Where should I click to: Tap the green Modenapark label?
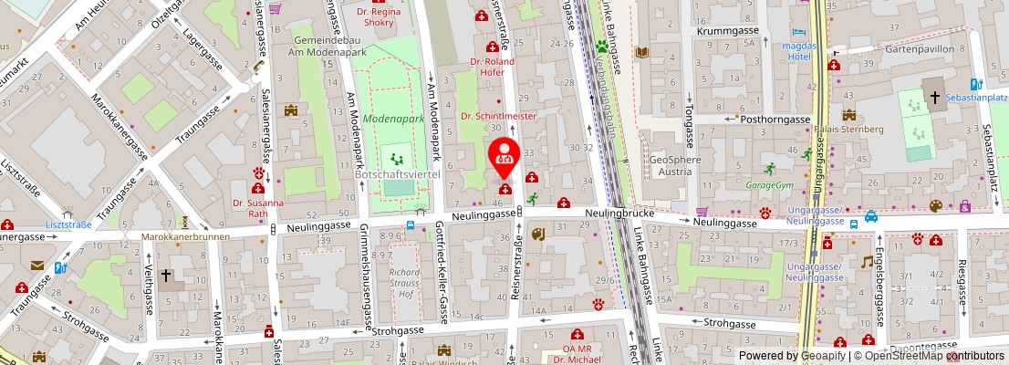point(393,119)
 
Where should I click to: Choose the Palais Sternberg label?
point(848,129)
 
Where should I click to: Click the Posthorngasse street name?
point(775,119)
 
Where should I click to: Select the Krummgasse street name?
point(728,31)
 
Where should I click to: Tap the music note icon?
point(867,262)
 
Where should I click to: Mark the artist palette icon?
point(935,206)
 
